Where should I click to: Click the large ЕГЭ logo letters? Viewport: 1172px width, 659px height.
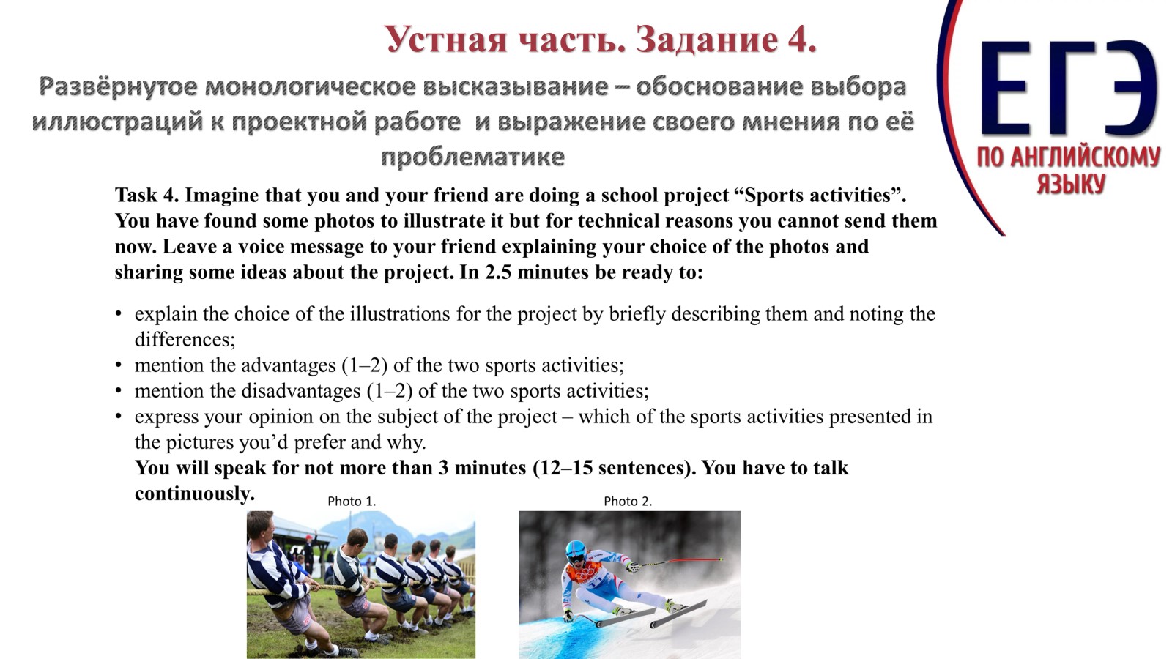coord(1068,89)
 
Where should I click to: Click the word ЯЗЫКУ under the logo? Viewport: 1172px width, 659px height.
coord(1070,183)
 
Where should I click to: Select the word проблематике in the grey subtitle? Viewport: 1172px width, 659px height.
coord(472,157)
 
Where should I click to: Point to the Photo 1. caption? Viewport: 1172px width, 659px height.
coord(352,502)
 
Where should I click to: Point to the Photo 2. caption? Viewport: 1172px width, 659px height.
coord(628,502)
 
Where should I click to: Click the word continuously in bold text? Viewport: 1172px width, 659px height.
coord(193,494)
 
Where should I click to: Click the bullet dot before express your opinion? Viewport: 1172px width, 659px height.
coord(119,417)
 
